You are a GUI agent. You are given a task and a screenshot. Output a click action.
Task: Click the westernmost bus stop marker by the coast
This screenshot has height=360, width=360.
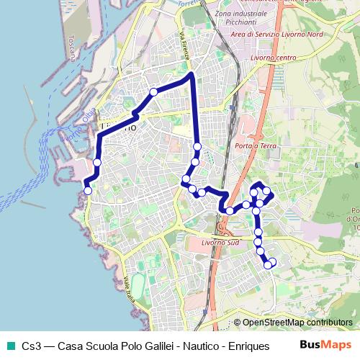point(88,191)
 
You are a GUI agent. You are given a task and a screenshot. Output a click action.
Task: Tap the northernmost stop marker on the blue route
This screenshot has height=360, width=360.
point(153,91)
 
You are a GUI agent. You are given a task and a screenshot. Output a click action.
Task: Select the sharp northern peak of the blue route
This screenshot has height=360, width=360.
point(191,73)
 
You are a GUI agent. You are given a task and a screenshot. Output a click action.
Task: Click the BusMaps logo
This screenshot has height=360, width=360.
point(325,345)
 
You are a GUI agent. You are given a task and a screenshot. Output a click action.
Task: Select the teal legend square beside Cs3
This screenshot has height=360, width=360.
point(9,346)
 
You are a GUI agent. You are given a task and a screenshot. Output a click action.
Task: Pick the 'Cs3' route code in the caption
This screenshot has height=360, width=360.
point(31,346)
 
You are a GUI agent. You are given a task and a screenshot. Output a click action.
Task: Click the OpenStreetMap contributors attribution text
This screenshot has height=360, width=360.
point(297,323)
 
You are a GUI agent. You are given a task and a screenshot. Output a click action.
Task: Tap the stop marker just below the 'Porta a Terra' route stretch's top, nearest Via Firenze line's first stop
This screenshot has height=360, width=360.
point(197,147)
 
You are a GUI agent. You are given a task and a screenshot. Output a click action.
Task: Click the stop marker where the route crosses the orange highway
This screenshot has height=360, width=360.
point(230,210)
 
